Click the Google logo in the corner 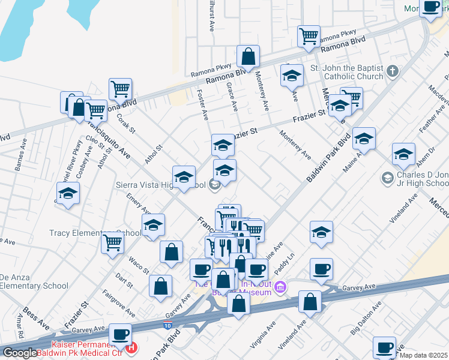(x=20, y=353)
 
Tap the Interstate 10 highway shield (x=166, y=325)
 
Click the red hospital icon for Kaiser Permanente (x=130, y=346)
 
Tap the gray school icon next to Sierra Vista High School (x=214, y=185)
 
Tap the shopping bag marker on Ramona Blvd (x=248, y=58)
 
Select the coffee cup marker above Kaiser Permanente (x=121, y=334)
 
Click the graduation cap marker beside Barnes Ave (x=68, y=194)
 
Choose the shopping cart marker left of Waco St (x=113, y=243)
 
